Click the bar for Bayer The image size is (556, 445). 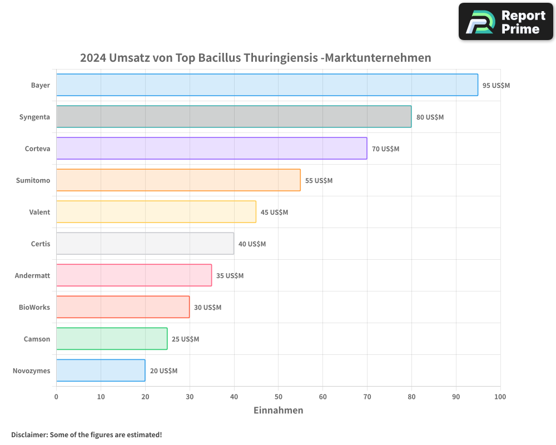pos(267,85)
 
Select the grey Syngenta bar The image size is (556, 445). pos(234,117)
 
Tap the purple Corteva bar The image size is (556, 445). pos(211,149)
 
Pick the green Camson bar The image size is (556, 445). pos(111,339)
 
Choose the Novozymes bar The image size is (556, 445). pos(100,370)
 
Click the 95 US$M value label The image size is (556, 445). pos(496,86)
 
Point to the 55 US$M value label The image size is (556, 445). pos(319,181)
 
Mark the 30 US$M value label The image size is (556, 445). pos(207,308)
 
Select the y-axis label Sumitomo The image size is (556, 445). pos(33,180)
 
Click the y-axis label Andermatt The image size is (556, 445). pos(32,275)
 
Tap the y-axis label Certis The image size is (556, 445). pos(40,244)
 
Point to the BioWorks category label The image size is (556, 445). pos(34,307)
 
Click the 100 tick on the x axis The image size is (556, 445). pos(500,397)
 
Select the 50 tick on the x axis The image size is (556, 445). pos(278,397)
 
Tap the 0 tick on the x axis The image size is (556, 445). pos(56,397)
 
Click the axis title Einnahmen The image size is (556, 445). pos(278,411)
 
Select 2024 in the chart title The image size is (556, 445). pos(93,58)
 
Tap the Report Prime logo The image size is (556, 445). pos(506,22)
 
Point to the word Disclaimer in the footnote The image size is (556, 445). pos(29,434)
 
